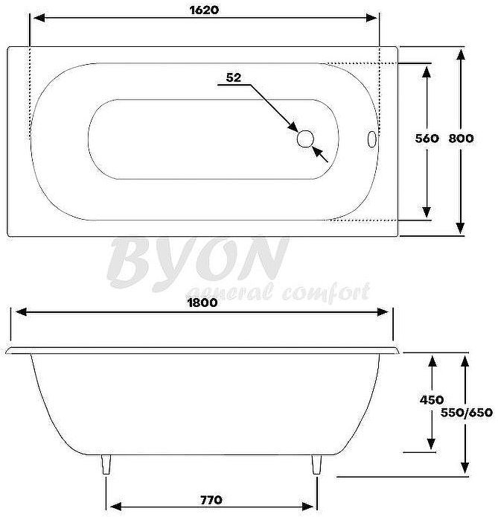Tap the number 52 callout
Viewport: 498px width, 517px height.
[x=234, y=77]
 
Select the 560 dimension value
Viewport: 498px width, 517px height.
[x=427, y=139]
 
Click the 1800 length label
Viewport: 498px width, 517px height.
[x=202, y=302]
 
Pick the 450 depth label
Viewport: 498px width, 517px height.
[x=432, y=400]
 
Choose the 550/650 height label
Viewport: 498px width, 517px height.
[x=466, y=412]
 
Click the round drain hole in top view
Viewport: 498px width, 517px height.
[x=305, y=139]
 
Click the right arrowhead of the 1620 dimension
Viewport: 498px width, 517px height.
[x=374, y=19]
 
